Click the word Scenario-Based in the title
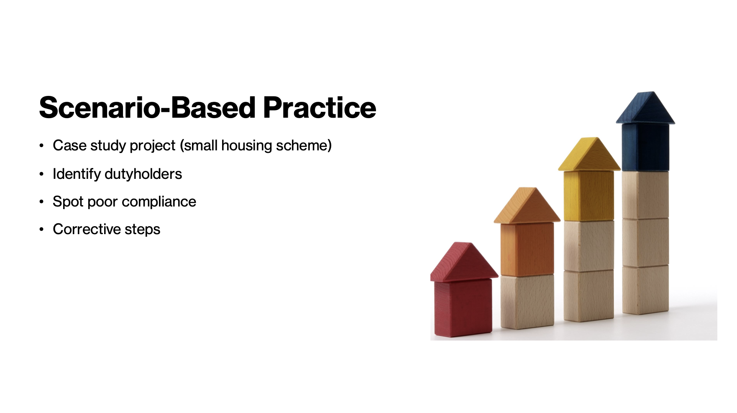[x=147, y=108]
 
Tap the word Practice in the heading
[x=320, y=108]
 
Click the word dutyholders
[x=143, y=174]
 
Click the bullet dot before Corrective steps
[x=41, y=230]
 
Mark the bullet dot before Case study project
[x=41, y=146]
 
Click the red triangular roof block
[x=464, y=262]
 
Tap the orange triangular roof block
[x=527, y=205]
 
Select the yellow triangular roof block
[x=589, y=154]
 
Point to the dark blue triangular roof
[x=645, y=108]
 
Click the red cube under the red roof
[x=463, y=308]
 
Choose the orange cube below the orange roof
[x=527, y=249]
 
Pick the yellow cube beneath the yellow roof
[x=589, y=196]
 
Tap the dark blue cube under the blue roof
[x=645, y=147]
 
